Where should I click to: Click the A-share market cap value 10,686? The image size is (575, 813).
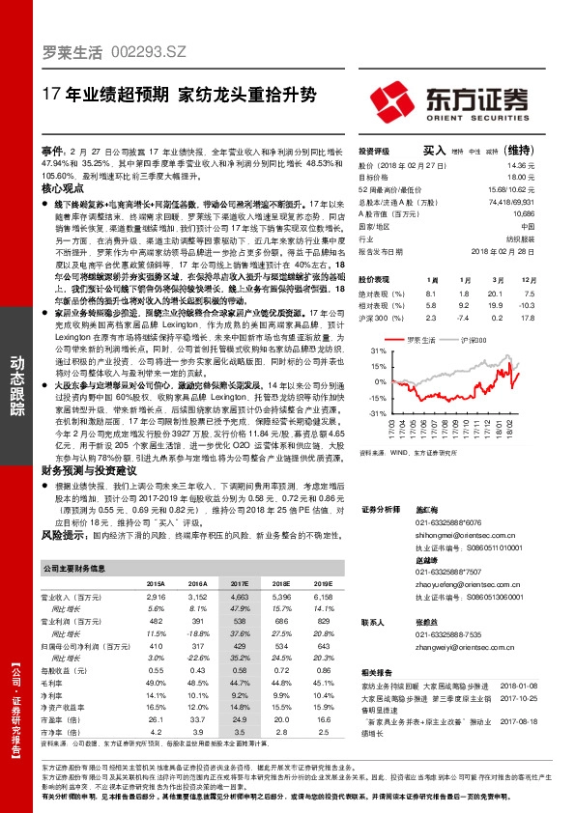point(549,212)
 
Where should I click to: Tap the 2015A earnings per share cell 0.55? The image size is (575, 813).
point(156,670)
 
